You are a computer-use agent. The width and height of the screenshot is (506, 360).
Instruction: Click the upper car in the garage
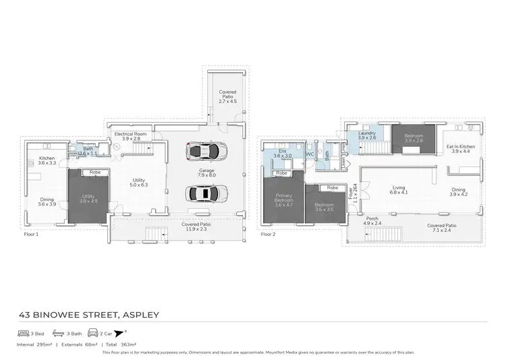click(x=205, y=150)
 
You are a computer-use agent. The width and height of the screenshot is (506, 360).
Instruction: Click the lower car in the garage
click(x=205, y=193)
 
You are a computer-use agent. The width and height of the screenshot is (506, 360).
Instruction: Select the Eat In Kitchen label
click(x=463, y=148)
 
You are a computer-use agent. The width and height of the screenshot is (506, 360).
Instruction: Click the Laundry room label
click(x=366, y=136)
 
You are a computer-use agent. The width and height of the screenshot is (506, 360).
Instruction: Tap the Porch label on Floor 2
click(x=372, y=220)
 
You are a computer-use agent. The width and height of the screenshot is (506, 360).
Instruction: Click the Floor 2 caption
click(x=269, y=235)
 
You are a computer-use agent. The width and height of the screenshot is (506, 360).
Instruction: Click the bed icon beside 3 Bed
click(x=22, y=333)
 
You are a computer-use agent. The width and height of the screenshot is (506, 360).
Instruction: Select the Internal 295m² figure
click(x=34, y=344)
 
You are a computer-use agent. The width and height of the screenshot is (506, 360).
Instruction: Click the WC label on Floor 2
click(x=310, y=154)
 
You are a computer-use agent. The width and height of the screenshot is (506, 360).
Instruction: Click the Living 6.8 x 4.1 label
click(x=399, y=191)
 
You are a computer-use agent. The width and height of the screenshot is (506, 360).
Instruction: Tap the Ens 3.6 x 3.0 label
click(x=282, y=154)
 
